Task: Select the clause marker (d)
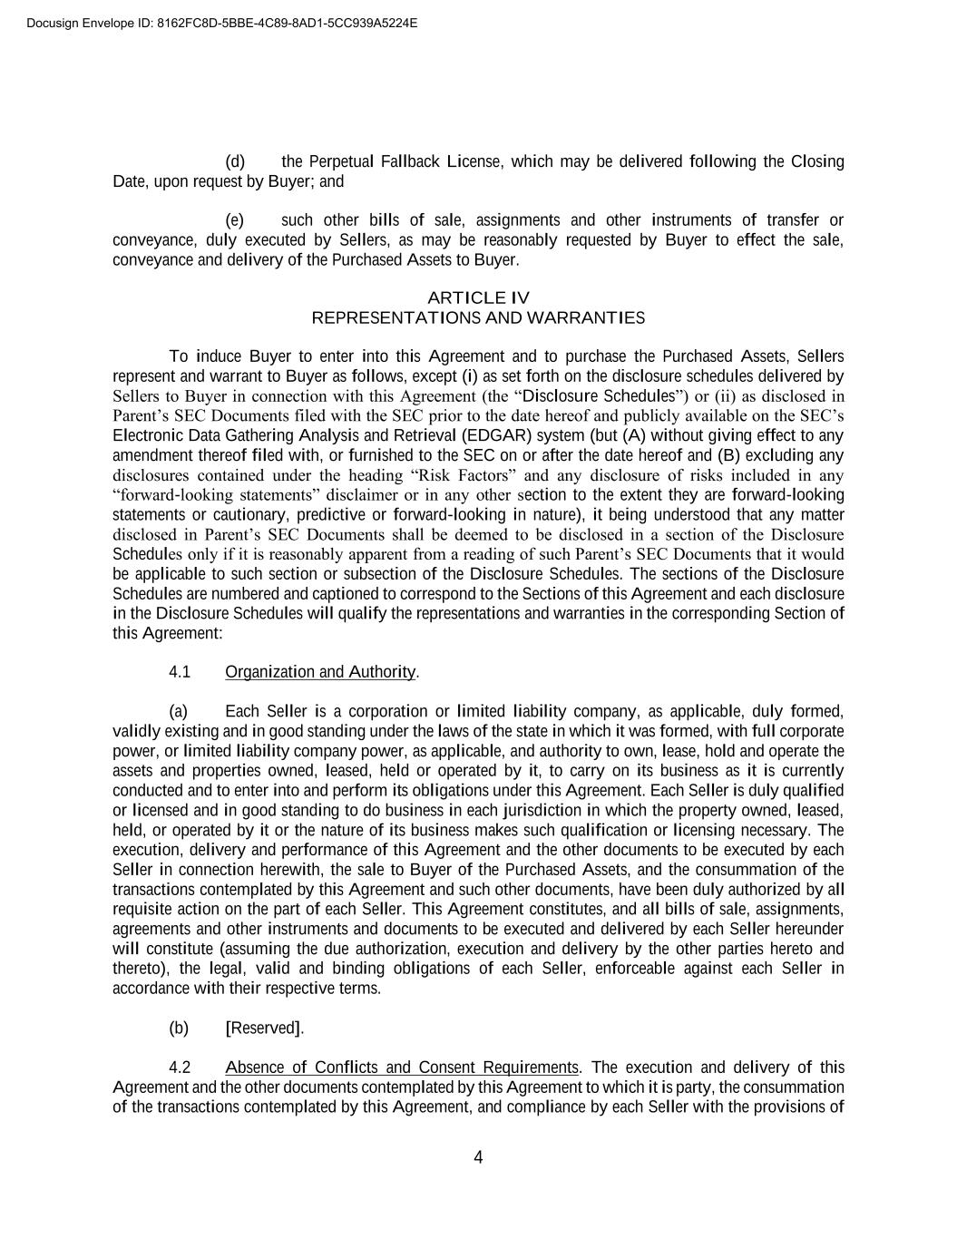click(x=235, y=162)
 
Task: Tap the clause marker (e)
click(x=235, y=220)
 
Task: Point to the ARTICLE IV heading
click(x=478, y=298)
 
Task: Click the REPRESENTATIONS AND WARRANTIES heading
click(x=478, y=318)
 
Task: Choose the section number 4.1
click(x=180, y=672)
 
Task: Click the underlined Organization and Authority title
click(x=320, y=672)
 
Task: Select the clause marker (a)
click(x=179, y=712)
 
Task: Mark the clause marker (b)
click(x=179, y=1028)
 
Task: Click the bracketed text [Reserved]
click(x=265, y=1028)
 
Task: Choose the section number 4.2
click(x=180, y=1067)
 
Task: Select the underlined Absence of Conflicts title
click(x=402, y=1067)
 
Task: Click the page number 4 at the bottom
click(x=478, y=1157)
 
